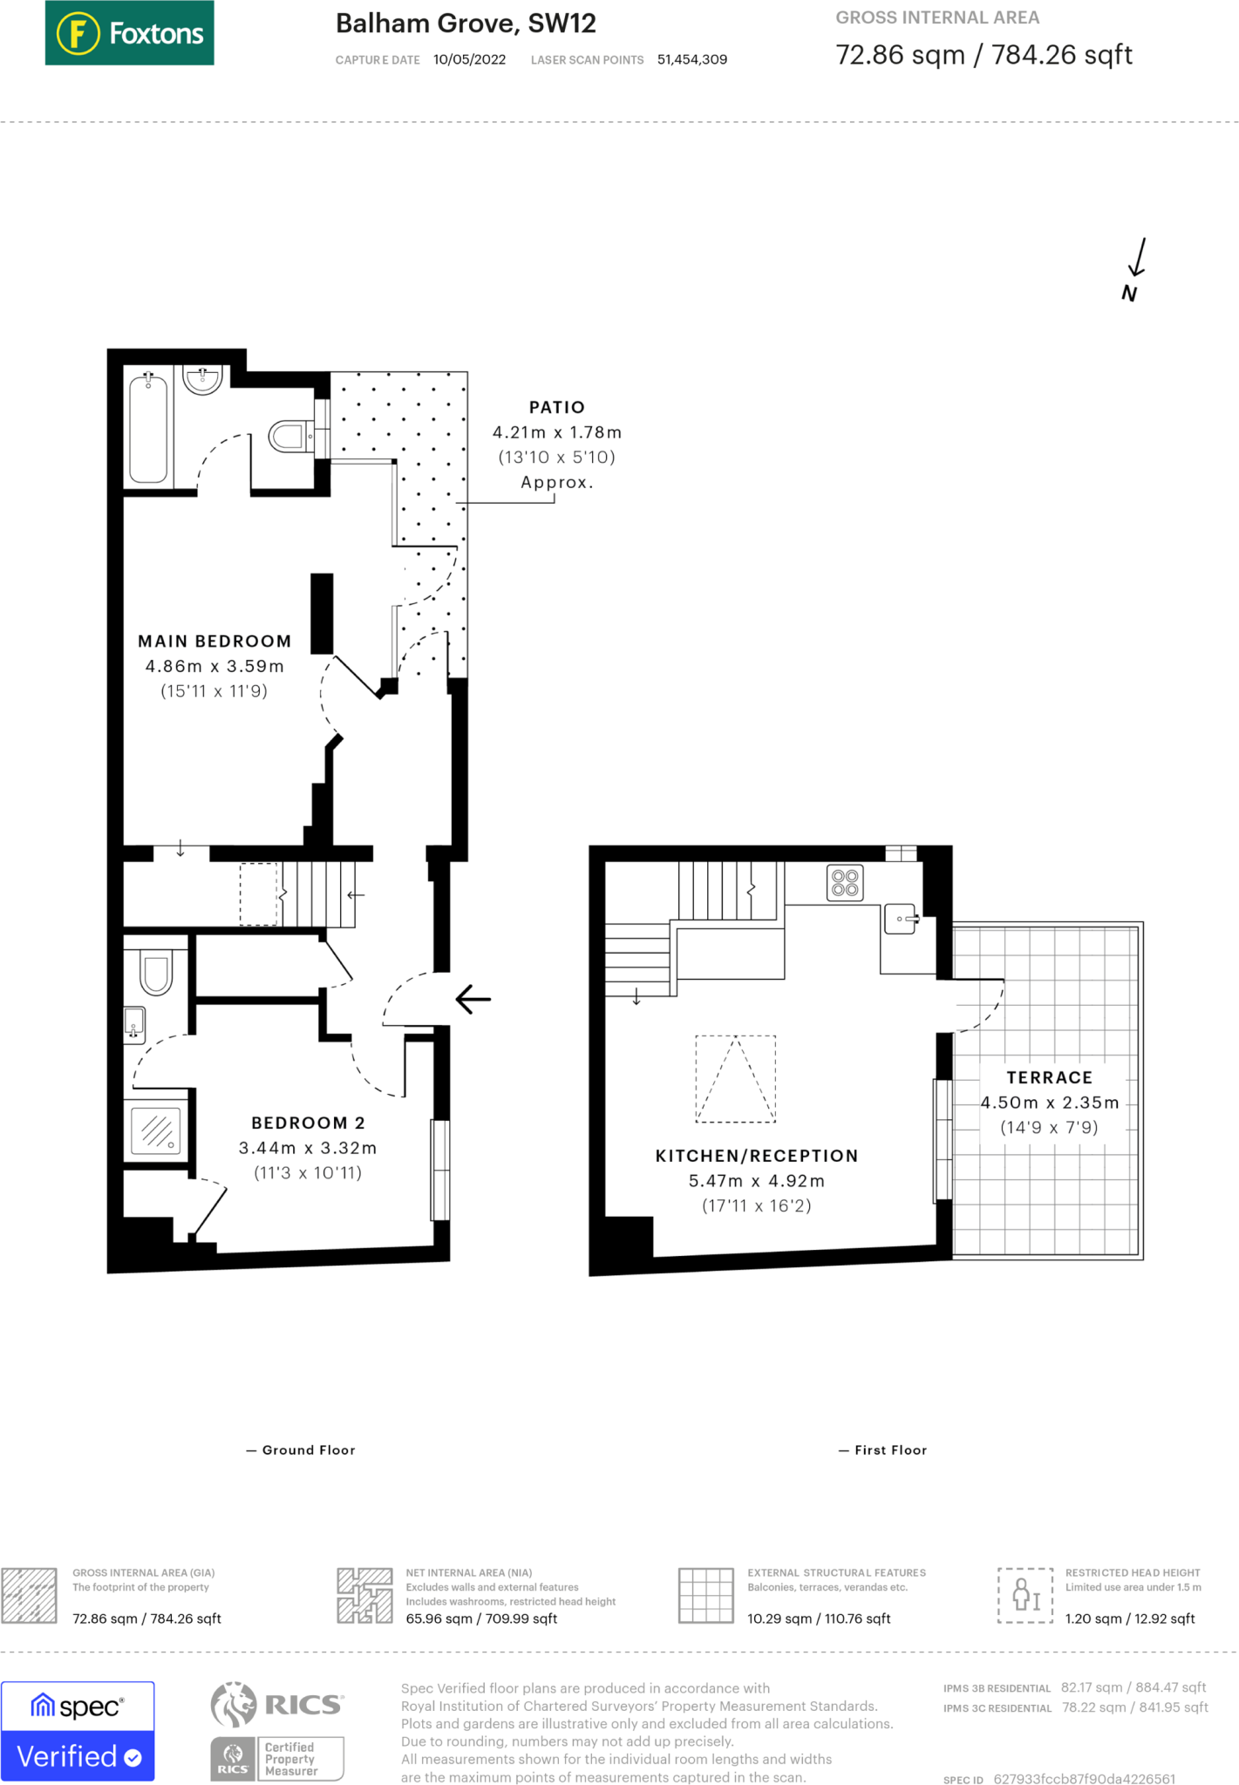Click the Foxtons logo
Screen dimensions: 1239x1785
tap(129, 33)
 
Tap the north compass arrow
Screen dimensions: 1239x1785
tap(1137, 257)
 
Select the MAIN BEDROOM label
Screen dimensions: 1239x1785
tap(214, 641)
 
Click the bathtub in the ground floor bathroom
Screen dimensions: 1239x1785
tap(148, 428)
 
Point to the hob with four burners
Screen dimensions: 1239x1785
tap(845, 882)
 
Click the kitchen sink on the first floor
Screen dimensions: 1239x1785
tap(902, 919)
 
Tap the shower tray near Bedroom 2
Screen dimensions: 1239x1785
tap(156, 1130)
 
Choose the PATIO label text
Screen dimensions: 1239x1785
tap(557, 407)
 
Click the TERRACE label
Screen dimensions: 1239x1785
tap(1050, 1077)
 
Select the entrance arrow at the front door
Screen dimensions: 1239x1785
tap(473, 999)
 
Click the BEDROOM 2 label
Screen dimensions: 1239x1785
tap(308, 1123)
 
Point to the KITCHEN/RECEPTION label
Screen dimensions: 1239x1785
tap(757, 1156)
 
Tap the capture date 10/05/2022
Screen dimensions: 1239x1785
tap(469, 59)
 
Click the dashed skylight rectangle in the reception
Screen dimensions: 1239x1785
tap(735, 1078)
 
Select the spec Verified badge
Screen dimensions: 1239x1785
tap(78, 1731)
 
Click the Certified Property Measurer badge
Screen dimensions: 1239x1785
tap(277, 1759)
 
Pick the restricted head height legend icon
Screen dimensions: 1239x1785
tap(1025, 1594)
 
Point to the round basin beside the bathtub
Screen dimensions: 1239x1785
tap(203, 380)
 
